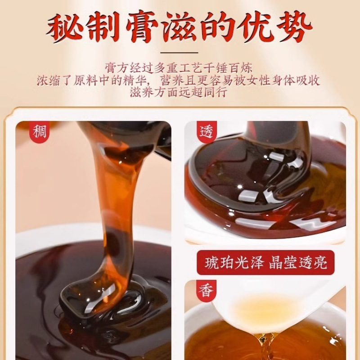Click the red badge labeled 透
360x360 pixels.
pyautogui.click(x=207, y=132)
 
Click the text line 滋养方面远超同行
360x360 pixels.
pyautogui.click(x=180, y=93)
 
